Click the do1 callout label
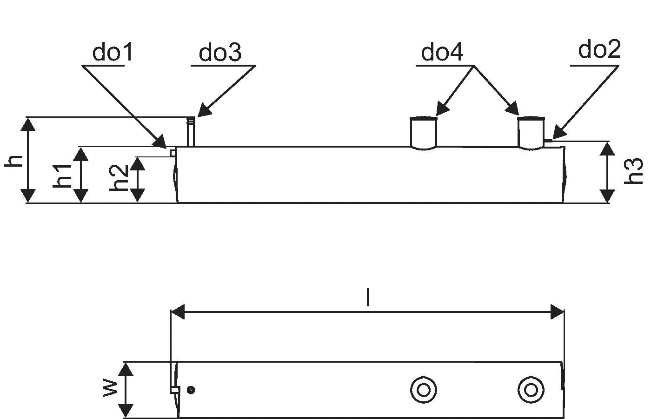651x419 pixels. (113, 53)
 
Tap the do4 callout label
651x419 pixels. (442, 53)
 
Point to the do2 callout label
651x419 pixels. (599, 49)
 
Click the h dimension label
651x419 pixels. (14, 161)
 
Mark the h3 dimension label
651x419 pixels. (634, 171)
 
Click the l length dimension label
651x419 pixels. (368, 297)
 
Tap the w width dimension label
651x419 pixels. (110, 387)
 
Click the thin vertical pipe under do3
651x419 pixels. (190, 133)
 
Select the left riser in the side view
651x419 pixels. (424, 133)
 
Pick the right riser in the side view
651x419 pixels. (531, 133)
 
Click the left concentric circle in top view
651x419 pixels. (423, 389)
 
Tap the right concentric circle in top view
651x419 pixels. (531, 389)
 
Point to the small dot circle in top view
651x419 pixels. (190, 390)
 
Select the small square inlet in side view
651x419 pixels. (173, 153)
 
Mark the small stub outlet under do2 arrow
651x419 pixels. (548, 140)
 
